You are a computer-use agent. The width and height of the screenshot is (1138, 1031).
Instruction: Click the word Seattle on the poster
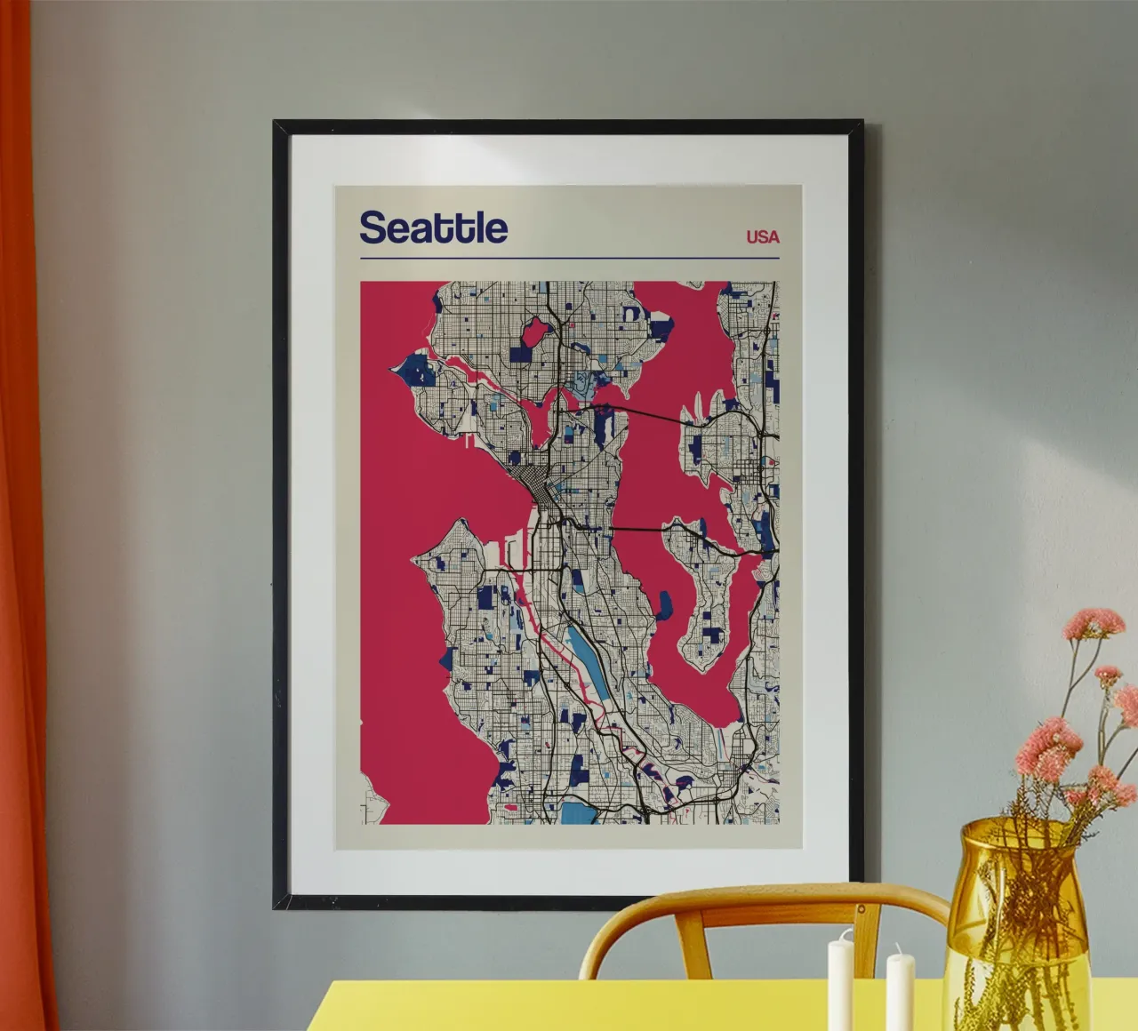click(x=433, y=228)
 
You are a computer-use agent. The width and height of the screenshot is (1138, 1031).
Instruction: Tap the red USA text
click(x=762, y=236)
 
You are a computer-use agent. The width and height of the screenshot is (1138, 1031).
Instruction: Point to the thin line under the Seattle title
click(x=569, y=259)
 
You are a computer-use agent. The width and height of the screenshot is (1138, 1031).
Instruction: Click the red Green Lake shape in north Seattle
click(x=535, y=334)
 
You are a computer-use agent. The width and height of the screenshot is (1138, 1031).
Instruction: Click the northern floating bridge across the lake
click(x=649, y=414)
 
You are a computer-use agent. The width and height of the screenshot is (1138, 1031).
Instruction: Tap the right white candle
click(x=900, y=991)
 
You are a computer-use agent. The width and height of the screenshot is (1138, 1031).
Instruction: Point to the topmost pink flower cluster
click(x=1094, y=623)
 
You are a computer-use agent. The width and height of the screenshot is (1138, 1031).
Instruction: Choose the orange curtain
click(x=22, y=533)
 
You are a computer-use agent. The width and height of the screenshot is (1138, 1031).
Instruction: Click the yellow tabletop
click(x=622, y=1009)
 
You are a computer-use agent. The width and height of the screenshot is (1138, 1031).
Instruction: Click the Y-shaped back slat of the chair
click(x=689, y=933)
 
